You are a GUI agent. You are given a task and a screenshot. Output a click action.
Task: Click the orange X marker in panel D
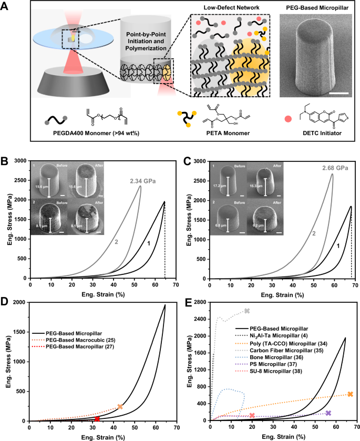pyautogui.click(x=120, y=406)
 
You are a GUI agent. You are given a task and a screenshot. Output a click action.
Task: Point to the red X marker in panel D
pyautogui.click(x=97, y=418)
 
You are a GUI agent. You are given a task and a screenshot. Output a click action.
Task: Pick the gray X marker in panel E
pyautogui.click(x=247, y=311)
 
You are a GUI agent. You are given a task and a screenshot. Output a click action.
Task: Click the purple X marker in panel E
pyautogui.click(x=328, y=413)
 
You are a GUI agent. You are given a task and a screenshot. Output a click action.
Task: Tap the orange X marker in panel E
pyautogui.click(x=350, y=394)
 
